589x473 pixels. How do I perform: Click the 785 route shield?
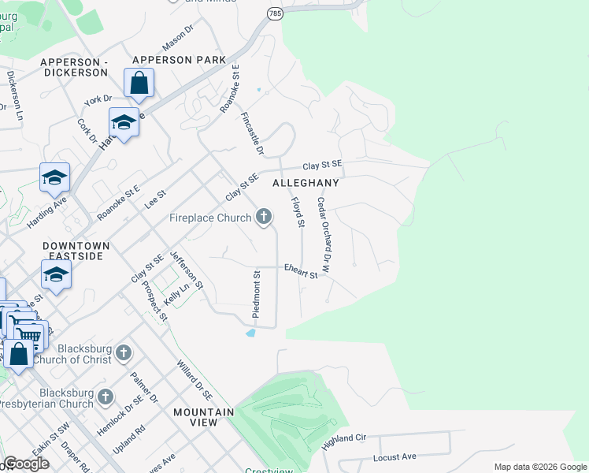pyautogui.click(x=274, y=14)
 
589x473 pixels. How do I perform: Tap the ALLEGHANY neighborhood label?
pyautogui.click(x=306, y=182)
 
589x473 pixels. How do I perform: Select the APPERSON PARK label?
pyautogui.click(x=179, y=60)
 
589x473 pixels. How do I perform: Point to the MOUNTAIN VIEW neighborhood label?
pyautogui.click(x=204, y=417)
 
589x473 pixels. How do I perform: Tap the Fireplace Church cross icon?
pyautogui.click(x=264, y=216)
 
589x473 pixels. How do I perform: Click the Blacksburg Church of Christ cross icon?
pyautogui.click(x=123, y=352)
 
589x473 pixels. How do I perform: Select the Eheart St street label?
pyautogui.click(x=301, y=270)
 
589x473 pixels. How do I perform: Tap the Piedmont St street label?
pyautogui.click(x=256, y=293)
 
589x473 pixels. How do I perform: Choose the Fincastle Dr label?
pyautogui.click(x=251, y=131)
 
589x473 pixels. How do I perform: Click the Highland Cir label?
pyautogui.click(x=345, y=441)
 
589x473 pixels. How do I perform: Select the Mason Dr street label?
pyautogui.click(x=177, y=35)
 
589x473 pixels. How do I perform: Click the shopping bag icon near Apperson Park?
pyautogui.click(x=139, y=83)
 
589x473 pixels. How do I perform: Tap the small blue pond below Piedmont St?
pyautogui.click(x=250, y=333)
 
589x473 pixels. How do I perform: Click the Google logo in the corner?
pyautogui.click(x=26, y=464)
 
